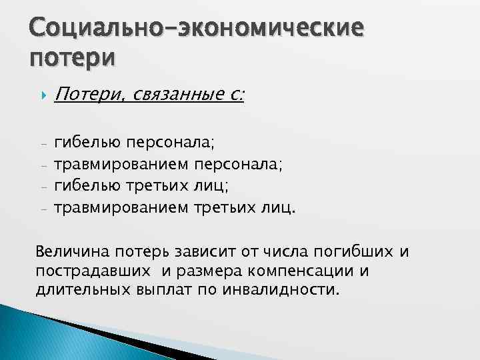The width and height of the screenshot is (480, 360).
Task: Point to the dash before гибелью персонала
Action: tap(43, 143)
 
